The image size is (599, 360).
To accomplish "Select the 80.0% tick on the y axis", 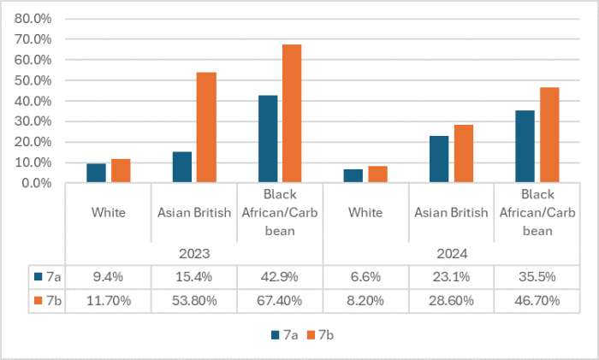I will pyautogui.click(x=33, y=19).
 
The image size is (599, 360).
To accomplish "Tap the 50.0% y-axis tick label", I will pyautogui.click(x=33, y=80).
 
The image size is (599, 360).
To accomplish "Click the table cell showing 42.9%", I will pyautogui.click(x=280, y=276).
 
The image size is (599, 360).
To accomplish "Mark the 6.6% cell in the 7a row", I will pyautogui.click(x=365, y=276).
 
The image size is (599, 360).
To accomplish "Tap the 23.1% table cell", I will pyautogui.click(x=451, y=276).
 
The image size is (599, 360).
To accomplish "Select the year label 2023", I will pyautogui.click(x=194, y=254).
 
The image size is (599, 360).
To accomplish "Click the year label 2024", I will pyautogui.click(x=451, y=254).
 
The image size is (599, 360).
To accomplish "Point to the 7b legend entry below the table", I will pyautogui.click(x=319, y=334).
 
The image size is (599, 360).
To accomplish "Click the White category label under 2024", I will pyautogui.click(x=365, y=212).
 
